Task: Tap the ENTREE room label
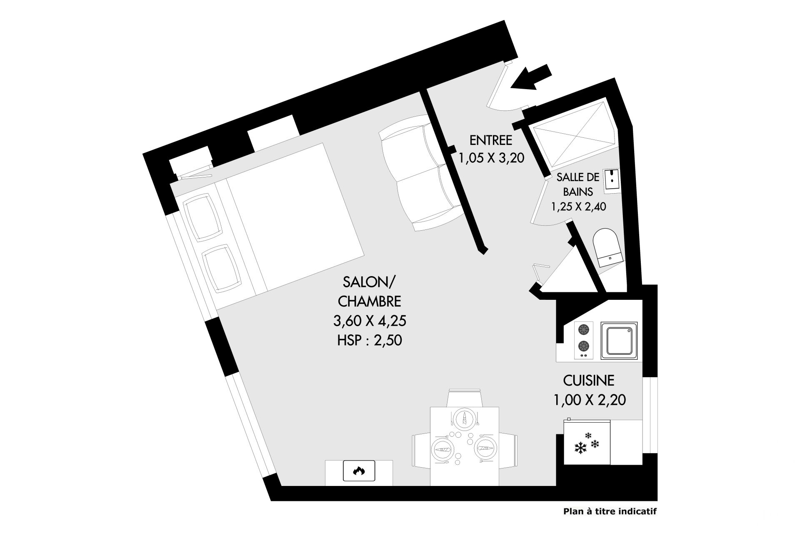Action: click(x=490, y=139)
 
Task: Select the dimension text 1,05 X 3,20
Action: click(x=491, y=158)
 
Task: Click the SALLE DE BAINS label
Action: click(x=578, y=184)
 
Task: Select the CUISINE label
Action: click(x=588, y=380)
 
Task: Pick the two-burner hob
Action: click(x=584, y=341)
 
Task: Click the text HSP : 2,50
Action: click(x=370, y=340)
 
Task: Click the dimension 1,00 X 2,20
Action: click(x=590, y=400)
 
